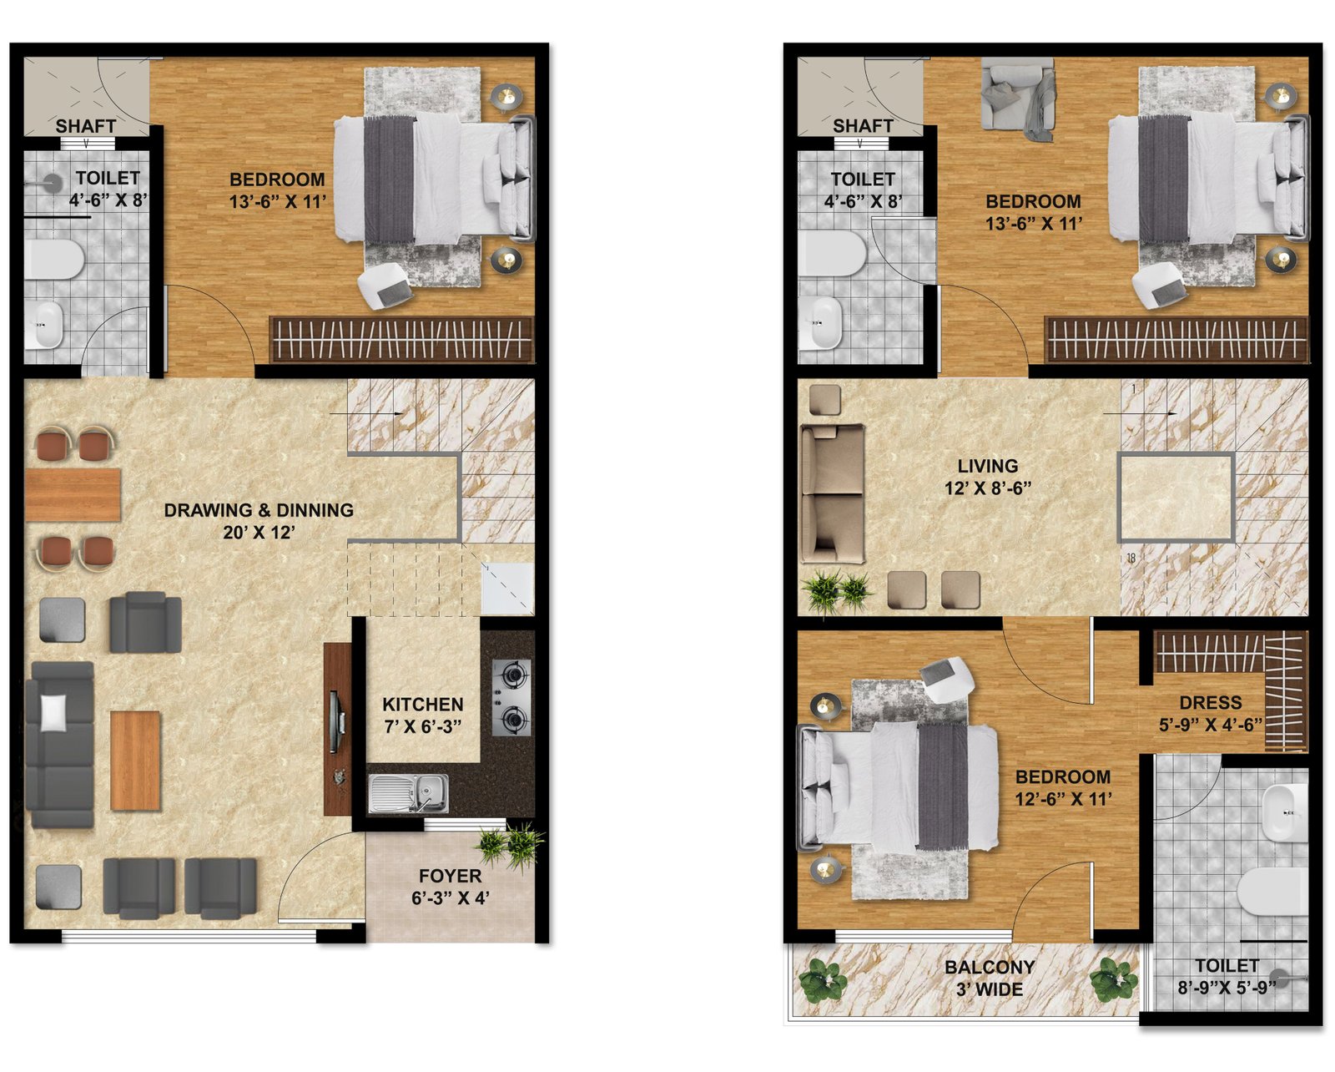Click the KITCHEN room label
(x=422, y=705)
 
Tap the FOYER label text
(x=450, y=876)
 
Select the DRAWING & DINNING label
(x=259, y=510)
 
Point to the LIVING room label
(x=988, y=466)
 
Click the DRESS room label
(x=1211, y=703)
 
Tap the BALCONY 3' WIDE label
(x=990, y=978)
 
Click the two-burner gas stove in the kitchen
(x=511, y=698)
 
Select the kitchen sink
(x=408, y=793)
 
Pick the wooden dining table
(x=73, y=495)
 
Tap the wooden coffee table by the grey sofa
(x=135, y=761)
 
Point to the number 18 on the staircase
(x=1131, y=558)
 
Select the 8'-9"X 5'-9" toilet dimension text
(x=1227, y=988)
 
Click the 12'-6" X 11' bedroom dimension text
(x=1063, y=799)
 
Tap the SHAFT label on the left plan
(x=86, y=126)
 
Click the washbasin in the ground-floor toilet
(x=48, y=325)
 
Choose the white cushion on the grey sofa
(x=53, y=713)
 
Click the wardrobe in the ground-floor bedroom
(x=402, y=340)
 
